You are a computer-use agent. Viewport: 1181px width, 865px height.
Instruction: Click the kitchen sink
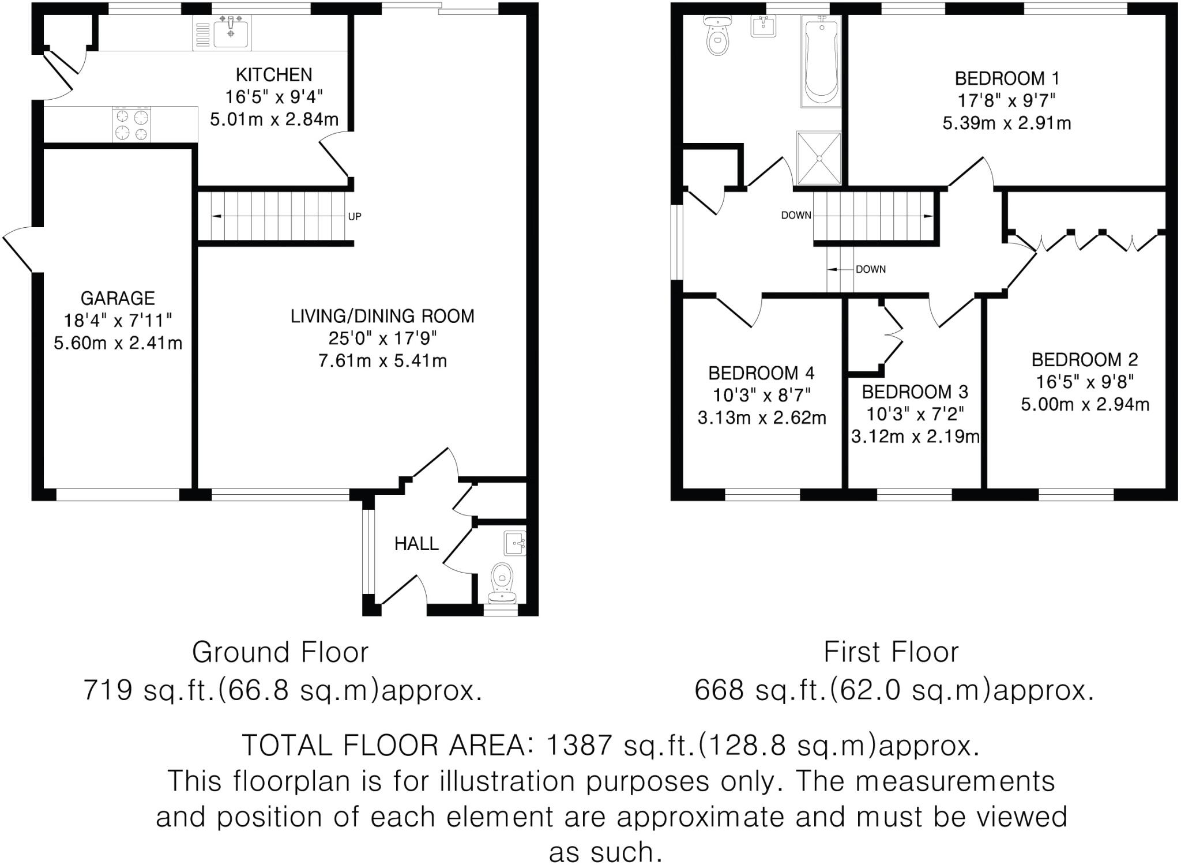pyautogui.click(x=231, y=33)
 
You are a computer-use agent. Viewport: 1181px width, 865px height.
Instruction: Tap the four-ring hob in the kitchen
pyautogui.click(x=132, y=125)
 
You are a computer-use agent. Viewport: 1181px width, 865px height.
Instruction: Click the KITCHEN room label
pyautogui.click(x=274, y=75)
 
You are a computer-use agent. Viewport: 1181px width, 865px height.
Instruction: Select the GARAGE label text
pyautogui.click(x=118, y=298)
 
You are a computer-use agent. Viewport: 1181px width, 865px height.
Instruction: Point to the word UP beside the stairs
pyautogui.click(x=355, y=217)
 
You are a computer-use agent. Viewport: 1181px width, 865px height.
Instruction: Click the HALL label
pyautogui.click(x=416, y=543)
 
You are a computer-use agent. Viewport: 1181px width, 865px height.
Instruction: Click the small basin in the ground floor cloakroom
pyautogui.click(x=514, y=543)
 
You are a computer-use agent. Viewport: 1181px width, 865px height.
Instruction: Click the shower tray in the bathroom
pyautogui.click(x=819, y=158)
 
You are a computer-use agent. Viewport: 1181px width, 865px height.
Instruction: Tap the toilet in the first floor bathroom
pyautogui.click(x=717, y=36)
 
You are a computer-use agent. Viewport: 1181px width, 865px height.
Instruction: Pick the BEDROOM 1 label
pyautogui.click(x=1007, y=78)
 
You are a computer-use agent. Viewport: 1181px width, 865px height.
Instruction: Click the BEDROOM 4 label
pyautogui.click(x=761, y=374)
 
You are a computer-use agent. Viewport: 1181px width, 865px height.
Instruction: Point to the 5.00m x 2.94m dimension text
pyautogui.click(x=1085, y=404)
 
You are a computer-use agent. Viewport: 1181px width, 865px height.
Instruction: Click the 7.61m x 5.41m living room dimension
pyautogui.click(x=382, y=361)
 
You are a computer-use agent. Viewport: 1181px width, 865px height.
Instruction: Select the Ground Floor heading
pyautogui.click(x=280, y=652)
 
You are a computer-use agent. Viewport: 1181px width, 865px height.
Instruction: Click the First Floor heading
pyautogui.click(x=891, y=652)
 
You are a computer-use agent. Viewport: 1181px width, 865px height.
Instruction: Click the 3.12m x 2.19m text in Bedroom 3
pyautogui.click(x=915, y=437)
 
